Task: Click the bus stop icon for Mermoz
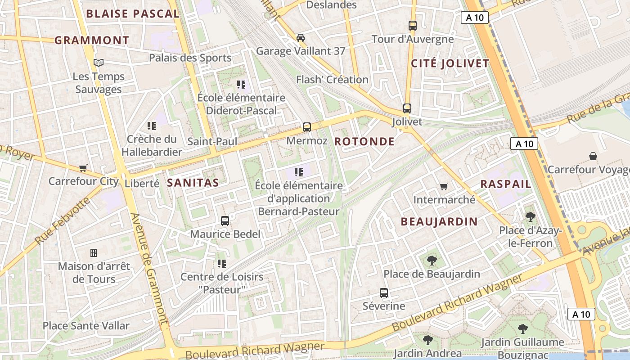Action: tap(307, 127)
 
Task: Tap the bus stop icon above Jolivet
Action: tap(407, 108)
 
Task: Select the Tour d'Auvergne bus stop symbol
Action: tap(413, 26)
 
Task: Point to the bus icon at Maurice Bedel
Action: tap(225, 221)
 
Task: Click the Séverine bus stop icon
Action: tap(384, 293)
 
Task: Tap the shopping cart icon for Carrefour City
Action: tap(83, 168)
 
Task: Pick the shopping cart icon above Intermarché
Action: tap(444, 186)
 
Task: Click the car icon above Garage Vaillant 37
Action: tap(301, 37)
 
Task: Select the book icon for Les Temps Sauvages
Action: tap(99, 63)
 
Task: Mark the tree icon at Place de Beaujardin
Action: tap(432, 260)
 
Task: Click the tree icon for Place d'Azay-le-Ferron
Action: tap(531, 217)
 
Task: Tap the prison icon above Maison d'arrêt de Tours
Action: tap(94, 253)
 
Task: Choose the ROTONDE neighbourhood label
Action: tap(364, 142)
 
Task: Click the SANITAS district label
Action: tap(193, 183)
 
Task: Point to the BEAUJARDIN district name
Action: tap(439, 221)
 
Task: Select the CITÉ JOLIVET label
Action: tap(450, 63)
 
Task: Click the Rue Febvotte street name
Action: tap(63, 220)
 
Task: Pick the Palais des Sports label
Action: tap(190, 58)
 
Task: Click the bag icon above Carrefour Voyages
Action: tap(593, 156)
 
